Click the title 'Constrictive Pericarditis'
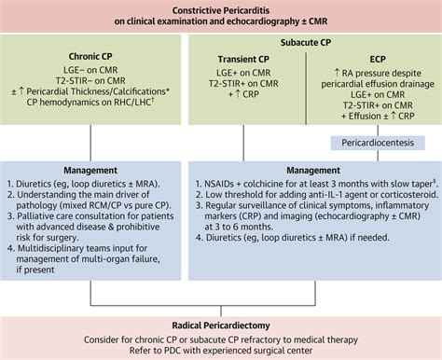click(x=221, y=9)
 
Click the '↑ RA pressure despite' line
click(x=374, y=72)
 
